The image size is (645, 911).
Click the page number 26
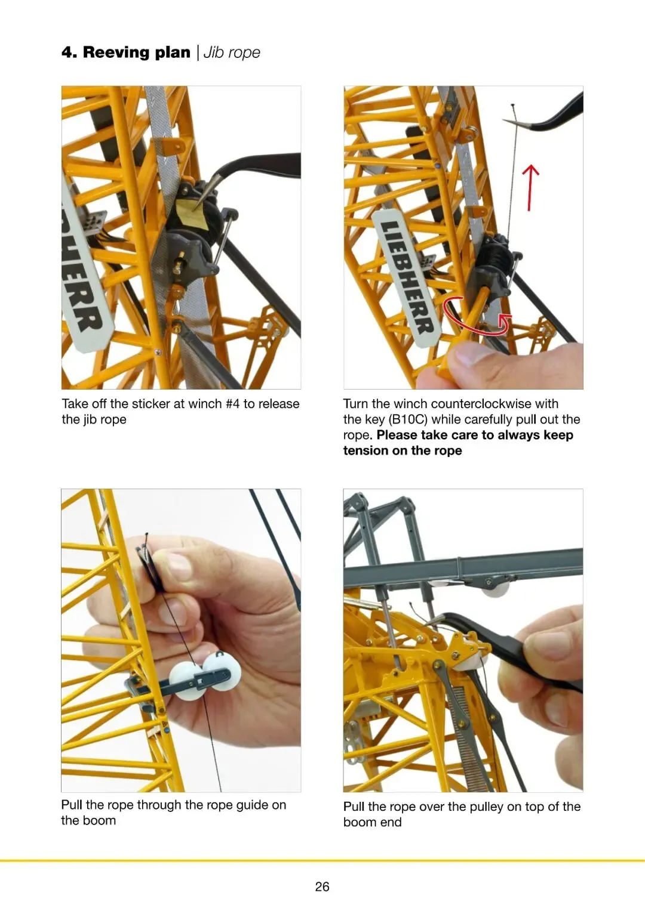pyautogui.click(x=322, y=886)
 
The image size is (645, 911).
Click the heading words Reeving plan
pyautogui.click(x=137, y=53)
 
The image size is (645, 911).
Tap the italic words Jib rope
pyautogui.click(x=232, y=53)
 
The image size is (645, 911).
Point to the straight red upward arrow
pyautogui.click(x=530, y=187)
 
